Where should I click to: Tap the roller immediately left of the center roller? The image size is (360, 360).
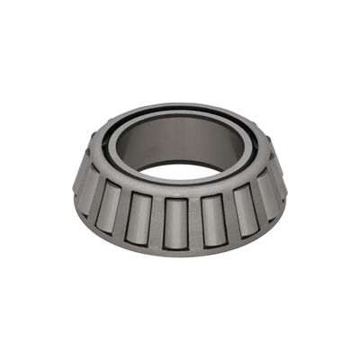(139, 217)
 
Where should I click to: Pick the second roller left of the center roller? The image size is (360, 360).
(110, 206)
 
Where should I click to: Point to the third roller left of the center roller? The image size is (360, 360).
(87, 192)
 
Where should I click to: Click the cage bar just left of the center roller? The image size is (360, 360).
(157, 221)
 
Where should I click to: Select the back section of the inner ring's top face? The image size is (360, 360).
(180, 108)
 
